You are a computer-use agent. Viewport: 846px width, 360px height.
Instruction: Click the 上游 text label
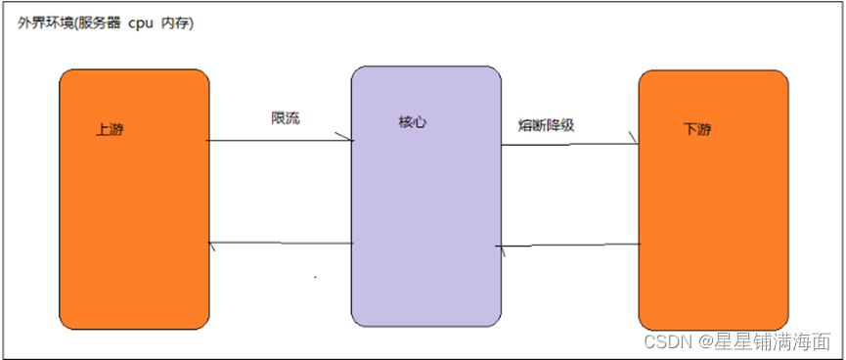(x=110, y=130)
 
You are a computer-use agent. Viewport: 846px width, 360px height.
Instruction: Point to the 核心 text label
(x=413, y=123)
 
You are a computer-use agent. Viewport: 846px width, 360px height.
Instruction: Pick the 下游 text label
(x=697, y=129)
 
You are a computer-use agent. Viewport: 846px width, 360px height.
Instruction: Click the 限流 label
(x=286, y=118)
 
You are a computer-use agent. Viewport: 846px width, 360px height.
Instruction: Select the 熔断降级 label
(x=546, y=125)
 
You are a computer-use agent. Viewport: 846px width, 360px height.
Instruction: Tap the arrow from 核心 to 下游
(x=569, y=145)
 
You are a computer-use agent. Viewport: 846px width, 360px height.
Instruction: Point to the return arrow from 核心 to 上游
(x=280, y=244)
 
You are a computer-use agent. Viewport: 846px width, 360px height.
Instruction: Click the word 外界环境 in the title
(x=43, y=22)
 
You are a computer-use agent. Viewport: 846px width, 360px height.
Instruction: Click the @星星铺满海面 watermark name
(x=763, y=341)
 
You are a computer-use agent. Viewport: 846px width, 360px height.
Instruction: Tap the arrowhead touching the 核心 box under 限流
(x=347, y=140)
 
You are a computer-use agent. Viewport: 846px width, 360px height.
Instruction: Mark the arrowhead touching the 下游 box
(x=634, y=143)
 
